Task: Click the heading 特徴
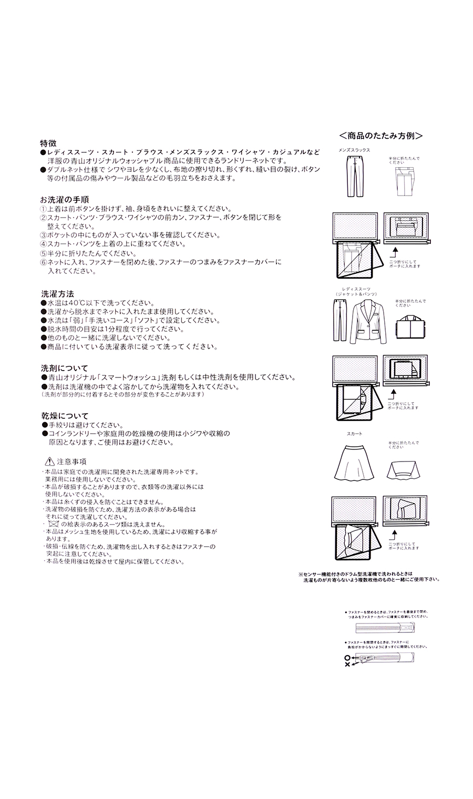point(49,143)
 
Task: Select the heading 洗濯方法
point(57,294)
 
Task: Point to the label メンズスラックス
point(354,150)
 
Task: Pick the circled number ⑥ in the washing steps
point(44,262)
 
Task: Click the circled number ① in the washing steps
point(44,209)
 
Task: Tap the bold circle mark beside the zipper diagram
point(347,658)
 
